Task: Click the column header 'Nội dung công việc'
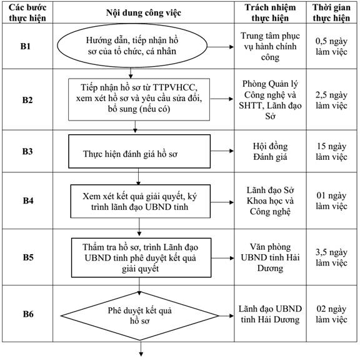(x=144, y=12)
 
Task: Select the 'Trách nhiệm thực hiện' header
(x=270, y=12)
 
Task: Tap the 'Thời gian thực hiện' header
(x=331, y=12)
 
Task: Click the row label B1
(x=26, y=46)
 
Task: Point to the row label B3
(x=27, y=151)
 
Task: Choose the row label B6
(x=28, y=314)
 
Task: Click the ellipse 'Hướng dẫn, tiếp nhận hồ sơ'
(x=132, y=46)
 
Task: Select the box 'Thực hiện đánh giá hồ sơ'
(x=139, y=151)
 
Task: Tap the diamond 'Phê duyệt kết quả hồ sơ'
(x=139, y=316)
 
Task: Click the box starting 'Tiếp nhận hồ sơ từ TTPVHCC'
(x=139, y=99)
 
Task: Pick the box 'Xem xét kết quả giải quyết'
(x=140, y=201)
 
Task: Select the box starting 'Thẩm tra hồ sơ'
(x=141, y=257)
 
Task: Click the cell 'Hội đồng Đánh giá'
(x=270, y=152)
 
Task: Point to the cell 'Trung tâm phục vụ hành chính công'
(x=270, y=46)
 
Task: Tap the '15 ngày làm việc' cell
(x=331, y=152)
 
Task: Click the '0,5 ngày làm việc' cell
(x=331, y=46)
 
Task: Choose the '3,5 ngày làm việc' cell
(x=331, y=257)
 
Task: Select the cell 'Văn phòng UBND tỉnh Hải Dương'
(x=270, y=257)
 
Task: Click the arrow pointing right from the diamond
(x=226, y=316)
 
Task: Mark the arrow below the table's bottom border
(x=141, y=349)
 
